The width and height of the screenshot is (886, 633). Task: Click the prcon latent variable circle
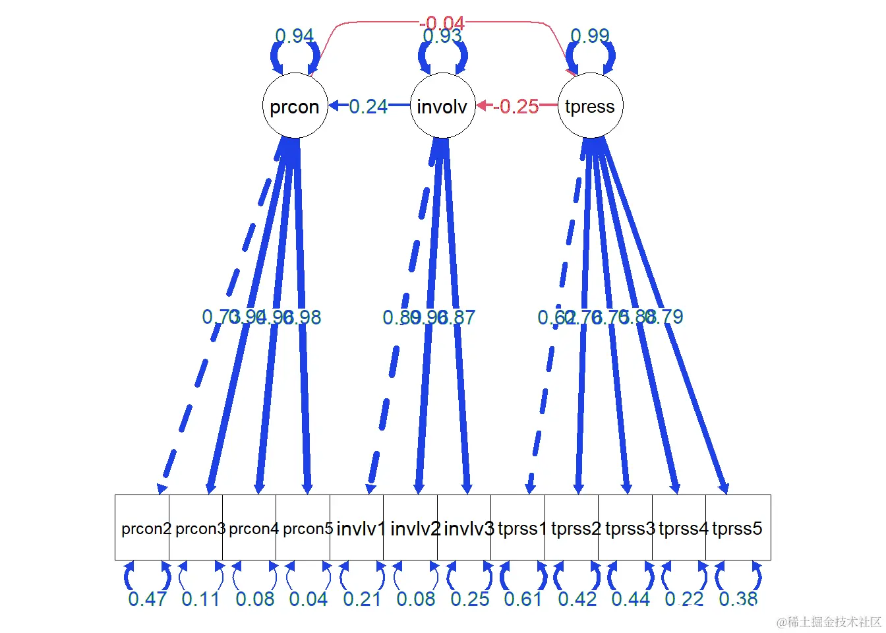click(295, 106)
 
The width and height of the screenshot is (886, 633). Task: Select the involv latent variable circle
click(442, 106)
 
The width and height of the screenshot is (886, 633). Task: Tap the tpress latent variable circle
click(590, 106)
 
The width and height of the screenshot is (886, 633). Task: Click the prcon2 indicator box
click(143, 528)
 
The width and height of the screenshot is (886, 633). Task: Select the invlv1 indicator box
click(359, 528)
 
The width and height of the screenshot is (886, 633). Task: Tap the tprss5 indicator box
click(738, 528)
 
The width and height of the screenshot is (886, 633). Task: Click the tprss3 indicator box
click(628, 528)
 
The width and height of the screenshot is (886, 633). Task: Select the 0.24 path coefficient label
click(368, 106)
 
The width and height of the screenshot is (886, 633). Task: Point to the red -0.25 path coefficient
click(517, 106)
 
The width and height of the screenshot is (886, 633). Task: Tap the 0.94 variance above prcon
click(294, 36)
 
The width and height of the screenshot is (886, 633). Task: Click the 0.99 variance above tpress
click(590, 36)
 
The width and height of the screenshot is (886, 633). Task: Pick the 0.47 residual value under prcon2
click(147, 599)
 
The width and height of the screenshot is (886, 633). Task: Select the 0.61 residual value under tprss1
click(523, 599)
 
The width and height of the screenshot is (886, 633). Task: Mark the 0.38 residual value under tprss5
click(738, 599)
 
